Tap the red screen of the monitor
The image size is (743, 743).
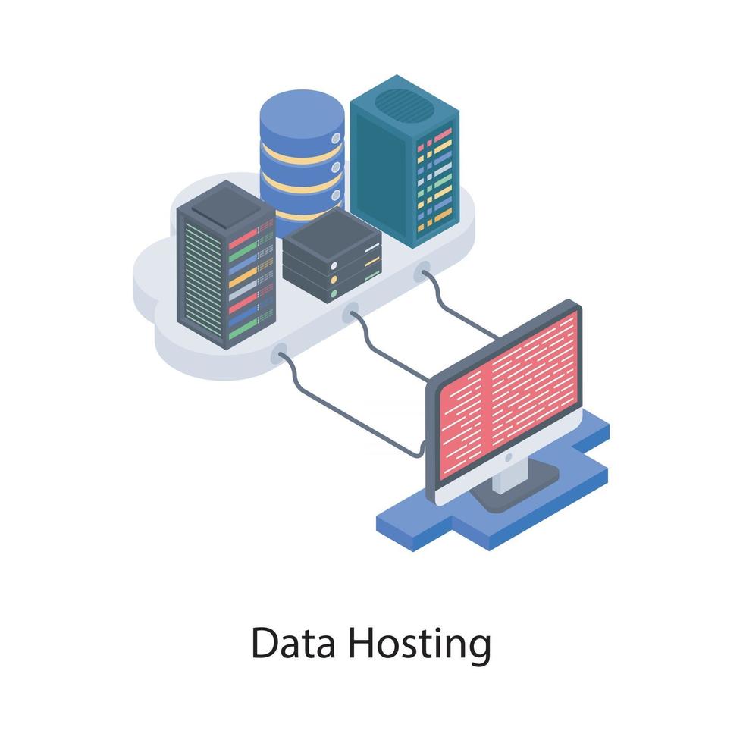click(x=509, y=393)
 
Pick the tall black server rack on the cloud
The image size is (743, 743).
click(x=225, y=265)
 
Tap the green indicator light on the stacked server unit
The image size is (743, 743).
click(x=334, y=293)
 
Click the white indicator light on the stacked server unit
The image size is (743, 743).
click(x=334, y=265)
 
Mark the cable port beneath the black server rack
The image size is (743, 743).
click(x=281, y=351)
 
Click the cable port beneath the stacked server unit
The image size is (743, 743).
click(x=350, y=312)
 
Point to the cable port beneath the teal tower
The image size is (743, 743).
click(x=422, y=271)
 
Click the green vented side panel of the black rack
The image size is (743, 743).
click(x=202, y=281)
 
